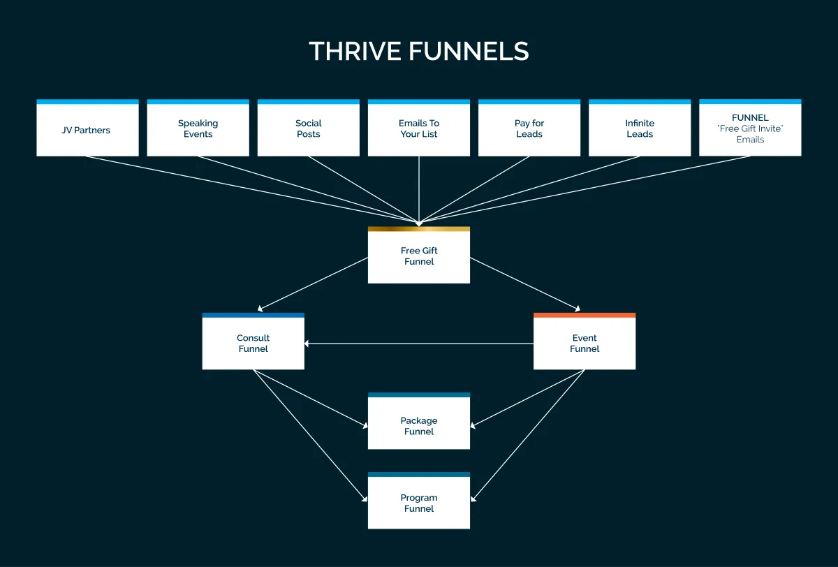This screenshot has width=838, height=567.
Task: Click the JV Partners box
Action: click(87, 130)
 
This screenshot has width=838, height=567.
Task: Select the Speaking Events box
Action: click(198, 129)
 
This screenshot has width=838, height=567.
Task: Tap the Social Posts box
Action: click(308, 129)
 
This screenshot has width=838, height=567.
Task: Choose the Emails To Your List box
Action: click(419, 129)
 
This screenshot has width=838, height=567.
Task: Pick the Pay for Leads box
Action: click(529, 129)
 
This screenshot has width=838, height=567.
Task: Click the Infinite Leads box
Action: click(640, 129)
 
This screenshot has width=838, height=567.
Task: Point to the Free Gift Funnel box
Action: click(419, 257)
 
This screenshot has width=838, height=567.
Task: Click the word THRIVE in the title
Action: click(355, 52)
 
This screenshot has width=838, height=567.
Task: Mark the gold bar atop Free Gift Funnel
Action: click(419, 229)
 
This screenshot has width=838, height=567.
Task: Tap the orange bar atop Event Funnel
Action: click(585, 315)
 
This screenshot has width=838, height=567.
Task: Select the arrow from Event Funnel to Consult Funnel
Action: click(419, 344)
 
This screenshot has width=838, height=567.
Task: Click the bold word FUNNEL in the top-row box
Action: click(750, 118)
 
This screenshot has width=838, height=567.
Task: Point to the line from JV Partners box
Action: click(251, 189)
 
